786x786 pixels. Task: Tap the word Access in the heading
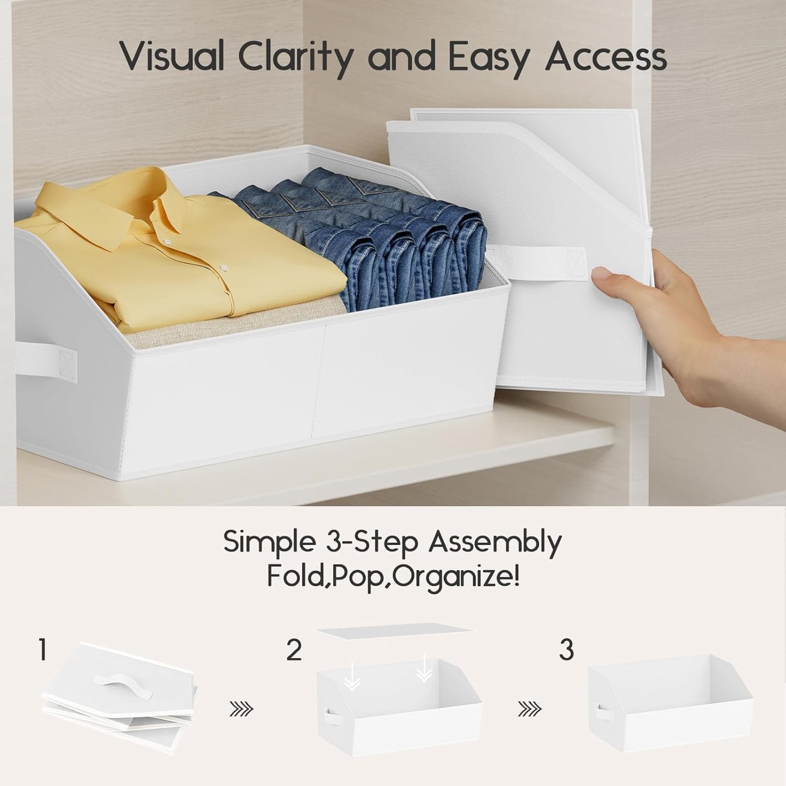[606, 57]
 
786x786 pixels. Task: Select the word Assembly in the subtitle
[495, 542]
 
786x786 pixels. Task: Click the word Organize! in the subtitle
[456, 577]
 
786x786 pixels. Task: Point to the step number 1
[43, 651]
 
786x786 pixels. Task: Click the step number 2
[294, 651]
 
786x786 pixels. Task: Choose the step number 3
[566, 651]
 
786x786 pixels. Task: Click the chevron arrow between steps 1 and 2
[241, 709]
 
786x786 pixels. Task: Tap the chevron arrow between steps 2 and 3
[529, 709]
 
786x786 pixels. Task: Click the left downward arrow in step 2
[352, 680]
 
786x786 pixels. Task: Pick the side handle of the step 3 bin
[600, 713]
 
